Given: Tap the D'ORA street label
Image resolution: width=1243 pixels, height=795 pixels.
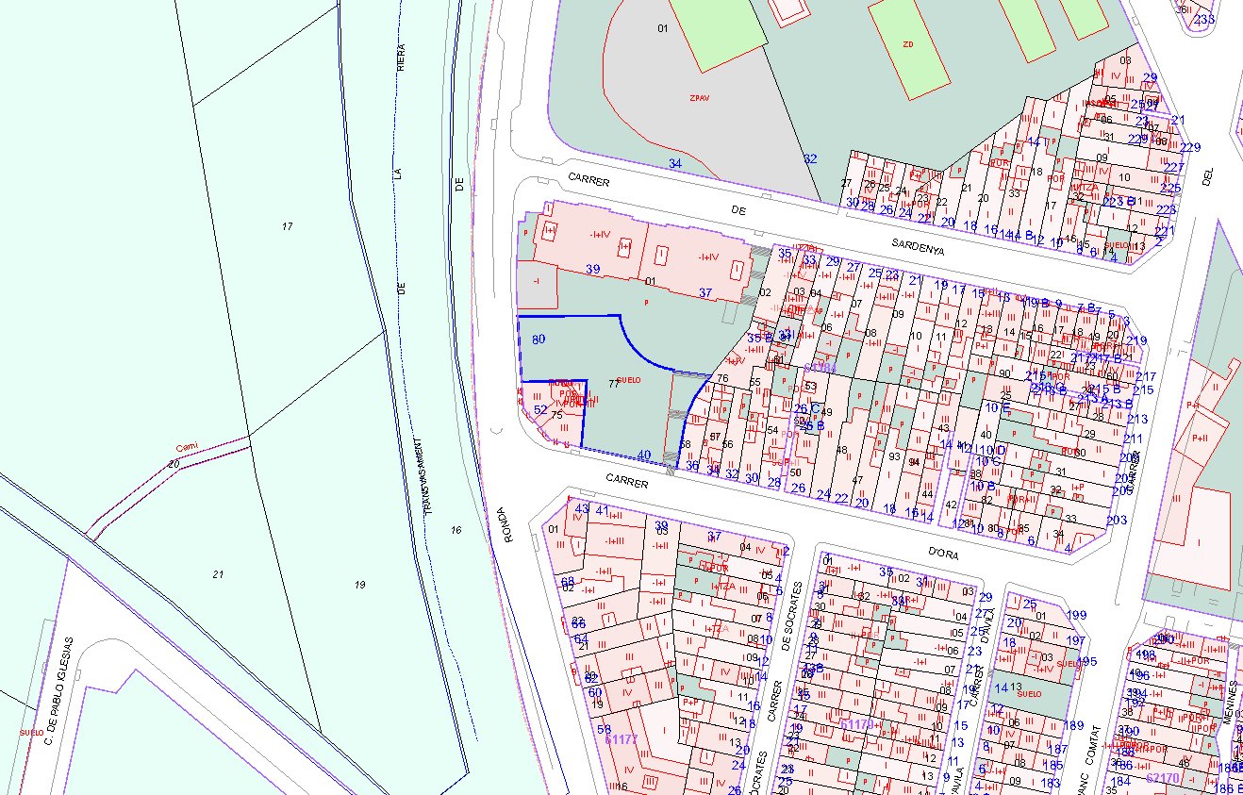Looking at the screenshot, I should (x=942, y=554).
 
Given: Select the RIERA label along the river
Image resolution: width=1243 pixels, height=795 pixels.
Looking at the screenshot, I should (x=401, y=58).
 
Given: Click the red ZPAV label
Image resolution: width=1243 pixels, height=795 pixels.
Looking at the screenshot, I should (x=699, y=97).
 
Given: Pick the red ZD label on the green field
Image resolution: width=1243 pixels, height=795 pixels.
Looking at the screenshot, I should (x=908, y=44).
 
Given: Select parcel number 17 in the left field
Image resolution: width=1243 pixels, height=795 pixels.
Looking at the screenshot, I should (x=287, y=226).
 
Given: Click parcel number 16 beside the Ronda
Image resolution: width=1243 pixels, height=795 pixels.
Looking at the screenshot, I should (x=456, y=531).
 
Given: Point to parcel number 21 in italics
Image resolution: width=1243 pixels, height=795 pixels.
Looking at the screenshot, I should (x=219, y=574).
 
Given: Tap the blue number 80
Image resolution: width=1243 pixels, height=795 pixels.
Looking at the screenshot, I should (x=539, y=340).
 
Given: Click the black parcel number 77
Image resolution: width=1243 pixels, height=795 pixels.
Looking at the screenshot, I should (x=614, y=384).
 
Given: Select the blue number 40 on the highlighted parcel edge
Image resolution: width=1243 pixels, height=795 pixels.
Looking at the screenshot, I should (x=644, y=455).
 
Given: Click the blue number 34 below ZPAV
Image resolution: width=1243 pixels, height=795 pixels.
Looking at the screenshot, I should (x=674, y=163).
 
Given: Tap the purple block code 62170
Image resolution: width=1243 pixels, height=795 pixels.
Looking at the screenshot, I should (x=1162, y=778).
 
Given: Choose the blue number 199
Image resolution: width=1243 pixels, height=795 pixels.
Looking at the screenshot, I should (x=1076, y=615).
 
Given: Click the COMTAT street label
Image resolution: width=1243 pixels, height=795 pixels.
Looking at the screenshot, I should (x=1094, y=746).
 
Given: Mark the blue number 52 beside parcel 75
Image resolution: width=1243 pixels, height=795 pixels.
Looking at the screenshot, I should (x=540, y=409).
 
